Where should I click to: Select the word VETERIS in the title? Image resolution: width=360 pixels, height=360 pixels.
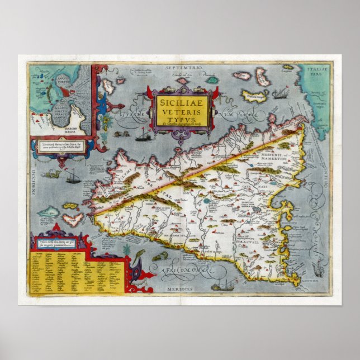(x=178, y=111)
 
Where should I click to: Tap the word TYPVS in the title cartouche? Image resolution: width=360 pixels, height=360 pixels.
(x=178, y=119)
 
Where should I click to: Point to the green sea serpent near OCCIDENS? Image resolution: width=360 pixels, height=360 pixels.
(x=53, y=174)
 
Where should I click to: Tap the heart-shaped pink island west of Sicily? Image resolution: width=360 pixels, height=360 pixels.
(x=72, y=218)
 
